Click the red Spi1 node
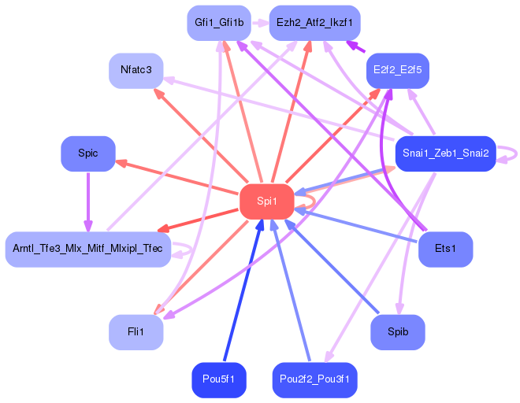[266, 201]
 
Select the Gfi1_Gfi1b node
[218, 24]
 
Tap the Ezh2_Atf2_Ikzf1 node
[314, 24]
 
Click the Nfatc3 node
[136, 71]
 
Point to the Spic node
[88, 153]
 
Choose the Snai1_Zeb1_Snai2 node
[445, 153]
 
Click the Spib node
[398, 332]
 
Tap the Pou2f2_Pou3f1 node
[314, 379]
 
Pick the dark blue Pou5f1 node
[218, 379]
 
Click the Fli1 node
[136, 332]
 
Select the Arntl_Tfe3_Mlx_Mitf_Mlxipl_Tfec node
[88, 249]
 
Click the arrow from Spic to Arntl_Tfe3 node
[88, 201]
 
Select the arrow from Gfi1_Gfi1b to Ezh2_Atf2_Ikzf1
[260, 24]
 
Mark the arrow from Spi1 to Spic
[177, 176]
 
